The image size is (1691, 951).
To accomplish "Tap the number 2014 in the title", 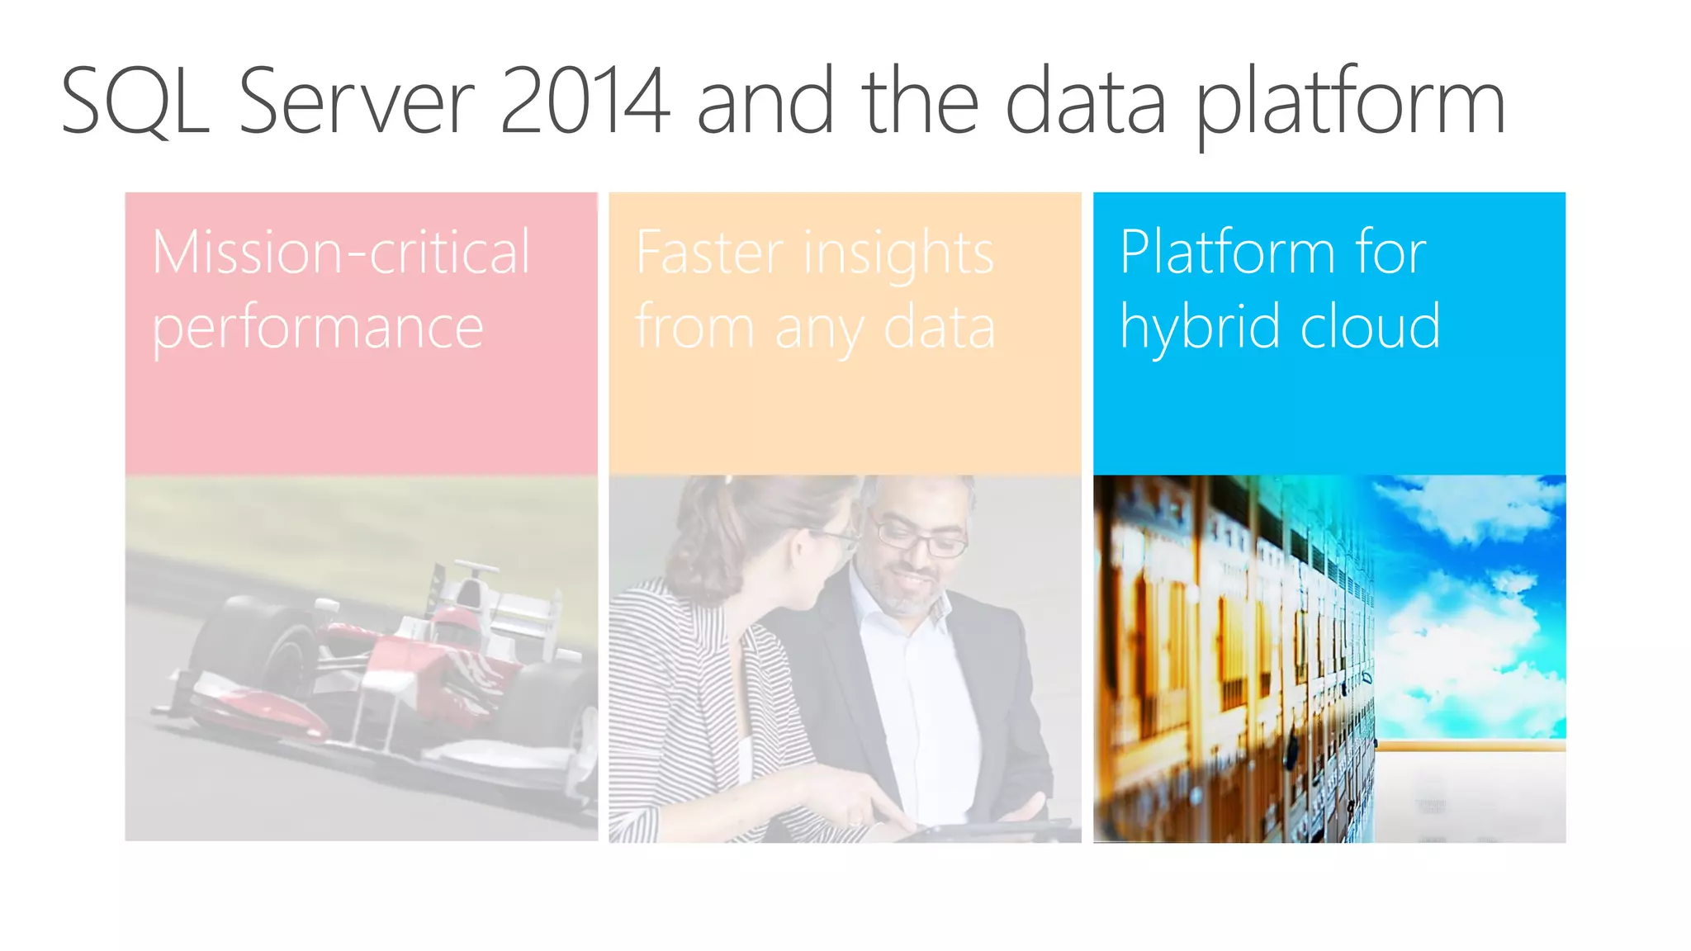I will click(584, 102).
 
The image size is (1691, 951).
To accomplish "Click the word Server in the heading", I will click(357, 102).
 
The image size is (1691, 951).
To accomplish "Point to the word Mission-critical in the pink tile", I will click(341, 253).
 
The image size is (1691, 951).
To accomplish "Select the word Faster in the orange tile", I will click(709, 253).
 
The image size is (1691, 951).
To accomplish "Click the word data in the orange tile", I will click(939, 328).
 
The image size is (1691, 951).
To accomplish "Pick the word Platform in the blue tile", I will click(1227, 253).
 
